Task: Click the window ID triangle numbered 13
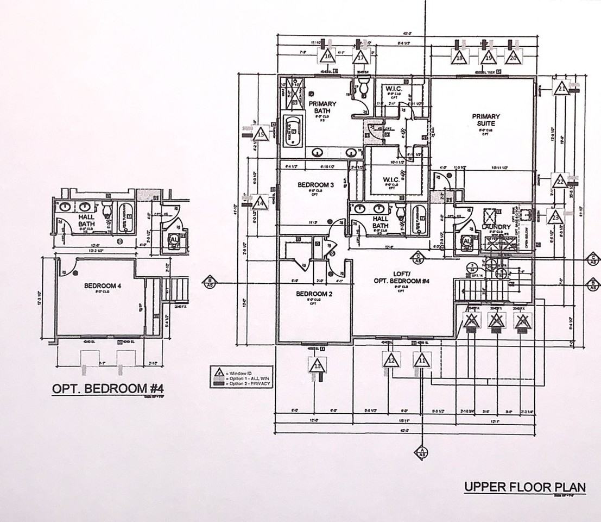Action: tap(317, 365)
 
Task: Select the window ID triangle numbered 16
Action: tap(327, 55)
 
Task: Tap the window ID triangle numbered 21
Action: tap(562, 87)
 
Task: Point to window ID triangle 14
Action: tap(261, 202)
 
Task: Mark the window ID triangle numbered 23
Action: tap(555, 216)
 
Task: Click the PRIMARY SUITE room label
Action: tap(485, 120)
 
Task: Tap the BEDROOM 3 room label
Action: tap(315, 185)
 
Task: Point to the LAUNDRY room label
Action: tap(496, 227)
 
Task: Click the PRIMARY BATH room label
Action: tap(322, 107)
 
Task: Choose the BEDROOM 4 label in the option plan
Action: tap(103, 285)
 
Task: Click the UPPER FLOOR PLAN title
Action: tap(524, 486)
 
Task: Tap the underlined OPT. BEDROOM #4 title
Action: tap(108, 389)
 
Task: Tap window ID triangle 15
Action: tap(261, 133)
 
